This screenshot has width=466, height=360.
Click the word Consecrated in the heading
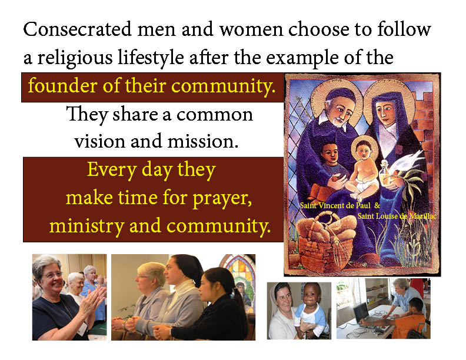(77, 29)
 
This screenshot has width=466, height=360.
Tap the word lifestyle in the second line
(151, 58)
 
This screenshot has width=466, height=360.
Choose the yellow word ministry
(86, 226)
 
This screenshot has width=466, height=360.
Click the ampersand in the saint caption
(377, 205)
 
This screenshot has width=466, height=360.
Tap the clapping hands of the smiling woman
(95, 300)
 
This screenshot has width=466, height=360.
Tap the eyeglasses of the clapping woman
(54, 275)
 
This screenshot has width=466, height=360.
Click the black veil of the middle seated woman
(190, 268)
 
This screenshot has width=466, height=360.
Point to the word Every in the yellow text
(112, 171)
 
